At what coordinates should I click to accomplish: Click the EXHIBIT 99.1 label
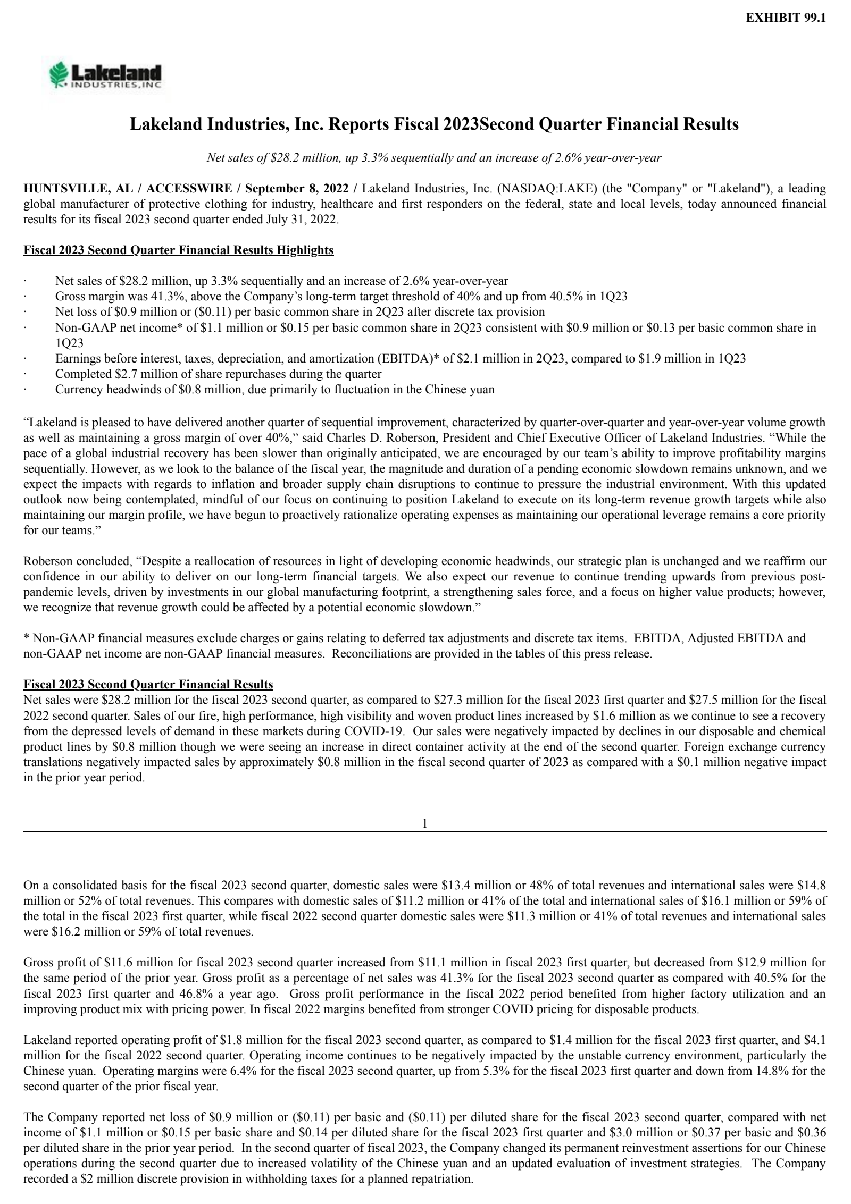(786, 18)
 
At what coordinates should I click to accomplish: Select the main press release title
(435, 124)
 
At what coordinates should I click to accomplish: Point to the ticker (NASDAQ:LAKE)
(539, 189)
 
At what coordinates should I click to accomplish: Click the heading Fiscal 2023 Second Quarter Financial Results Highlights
(178, 250)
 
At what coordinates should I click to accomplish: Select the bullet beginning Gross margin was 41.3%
(340, 297)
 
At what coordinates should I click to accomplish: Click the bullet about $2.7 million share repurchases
(218, 374)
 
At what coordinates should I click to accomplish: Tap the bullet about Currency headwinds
(274, 389)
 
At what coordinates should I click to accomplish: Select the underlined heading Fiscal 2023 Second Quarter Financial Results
(148, 684)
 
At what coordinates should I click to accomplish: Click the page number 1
(425, 824)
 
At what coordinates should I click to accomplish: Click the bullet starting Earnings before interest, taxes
(400, 358)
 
